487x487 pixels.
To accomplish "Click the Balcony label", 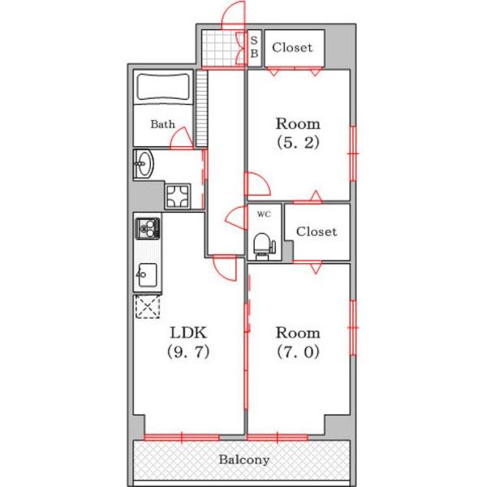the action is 243,459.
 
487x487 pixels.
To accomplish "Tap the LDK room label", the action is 188,333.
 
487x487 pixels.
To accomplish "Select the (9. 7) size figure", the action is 188,352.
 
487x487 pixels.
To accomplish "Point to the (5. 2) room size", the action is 298,143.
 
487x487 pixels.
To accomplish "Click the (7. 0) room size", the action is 298,352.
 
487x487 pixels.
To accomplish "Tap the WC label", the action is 264,214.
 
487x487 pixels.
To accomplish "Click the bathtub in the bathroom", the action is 163,87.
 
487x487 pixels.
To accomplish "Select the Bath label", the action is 163,124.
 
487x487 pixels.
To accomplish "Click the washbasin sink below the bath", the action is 144,164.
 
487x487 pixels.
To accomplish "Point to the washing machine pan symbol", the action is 177,196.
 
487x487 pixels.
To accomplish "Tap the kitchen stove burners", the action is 148,228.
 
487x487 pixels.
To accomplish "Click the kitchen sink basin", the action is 147,275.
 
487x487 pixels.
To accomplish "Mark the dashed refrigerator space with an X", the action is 148,307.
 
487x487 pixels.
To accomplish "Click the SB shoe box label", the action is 254,47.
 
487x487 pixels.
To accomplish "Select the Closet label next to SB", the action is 292,48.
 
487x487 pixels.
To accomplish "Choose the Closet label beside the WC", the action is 317,231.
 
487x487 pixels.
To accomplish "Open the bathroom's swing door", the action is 182,138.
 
